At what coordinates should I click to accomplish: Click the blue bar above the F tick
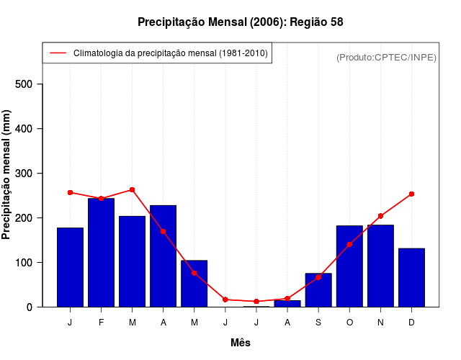pyautogui.click(x=101, y=252)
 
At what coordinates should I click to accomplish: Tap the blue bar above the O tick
pyautogui.click(x=349, y=266)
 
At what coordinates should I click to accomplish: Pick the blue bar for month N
pyautogui.click(x=380, y=266)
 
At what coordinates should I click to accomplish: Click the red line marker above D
pyautogui.click(x=411, y=194)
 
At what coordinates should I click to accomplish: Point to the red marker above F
pyautogui.click(x=101, y=199)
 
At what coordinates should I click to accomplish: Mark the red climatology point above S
pyautogui.click(x=318, y=277)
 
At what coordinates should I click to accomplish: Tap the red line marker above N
pyautogui.click(x=380, y=216)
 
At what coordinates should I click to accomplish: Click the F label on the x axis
pyautogui.click(x=101, y=323)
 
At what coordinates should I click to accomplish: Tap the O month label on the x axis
pyautogui.click(x=349, y=323)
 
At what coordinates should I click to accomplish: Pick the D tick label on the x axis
pyautogui.click(x=411, y=323)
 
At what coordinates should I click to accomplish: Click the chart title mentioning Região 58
pyautogui.click(x=240, y=22)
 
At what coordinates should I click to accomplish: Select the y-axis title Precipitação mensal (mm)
pyautogui.click(x=7, y=175)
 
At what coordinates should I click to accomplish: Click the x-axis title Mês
pyautogui.click(x=241, y=343)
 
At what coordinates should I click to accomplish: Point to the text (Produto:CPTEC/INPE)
pyautogui.click(x=386, y=58)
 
